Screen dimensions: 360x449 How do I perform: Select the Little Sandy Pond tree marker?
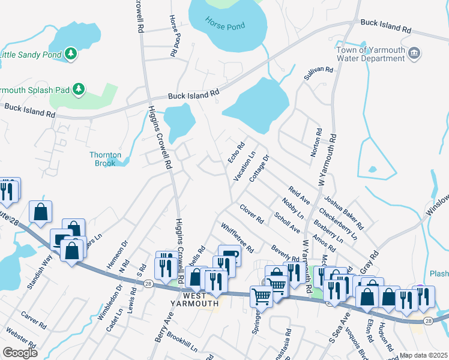pos(71,54)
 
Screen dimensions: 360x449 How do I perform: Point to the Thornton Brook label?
pos(106,159)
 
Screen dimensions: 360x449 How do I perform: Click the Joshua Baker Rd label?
pos(344,213)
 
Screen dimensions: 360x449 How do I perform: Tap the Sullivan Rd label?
pos(318,74)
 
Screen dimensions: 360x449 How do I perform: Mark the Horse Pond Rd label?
pos(175,35)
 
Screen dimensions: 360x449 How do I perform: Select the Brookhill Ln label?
pos(182,340)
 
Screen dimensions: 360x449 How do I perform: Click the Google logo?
pos(20,353)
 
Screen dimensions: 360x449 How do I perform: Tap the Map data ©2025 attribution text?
pos(424,356)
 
